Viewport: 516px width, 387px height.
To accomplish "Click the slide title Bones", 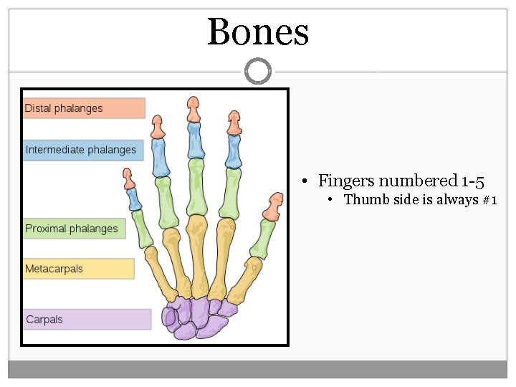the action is (258, 32).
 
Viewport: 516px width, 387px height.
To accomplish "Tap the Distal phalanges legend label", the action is (64, 108).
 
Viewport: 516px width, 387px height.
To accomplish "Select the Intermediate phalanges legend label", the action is (81, 150).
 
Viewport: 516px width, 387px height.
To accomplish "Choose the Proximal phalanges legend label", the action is (72, 229).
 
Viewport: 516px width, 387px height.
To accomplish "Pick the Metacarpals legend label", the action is (54, 269).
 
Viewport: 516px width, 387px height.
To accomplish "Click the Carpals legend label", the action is (44, 320).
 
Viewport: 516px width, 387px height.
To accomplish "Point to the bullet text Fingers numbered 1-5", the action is (401, 181).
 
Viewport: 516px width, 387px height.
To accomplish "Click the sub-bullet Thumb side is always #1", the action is (420, 200).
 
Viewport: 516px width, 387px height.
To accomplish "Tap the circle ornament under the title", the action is (258, 71).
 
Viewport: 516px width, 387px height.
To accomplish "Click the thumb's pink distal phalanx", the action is (272, 207).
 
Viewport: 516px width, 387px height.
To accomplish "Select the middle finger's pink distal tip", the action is (193, 110).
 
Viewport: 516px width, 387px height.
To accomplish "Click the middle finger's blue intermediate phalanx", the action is (194, 140).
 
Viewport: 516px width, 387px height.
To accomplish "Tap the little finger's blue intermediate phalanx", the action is (132, 199).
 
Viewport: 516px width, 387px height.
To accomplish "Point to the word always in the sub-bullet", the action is (439, 200).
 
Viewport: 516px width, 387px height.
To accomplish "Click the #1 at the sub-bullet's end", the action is (489, 200).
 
